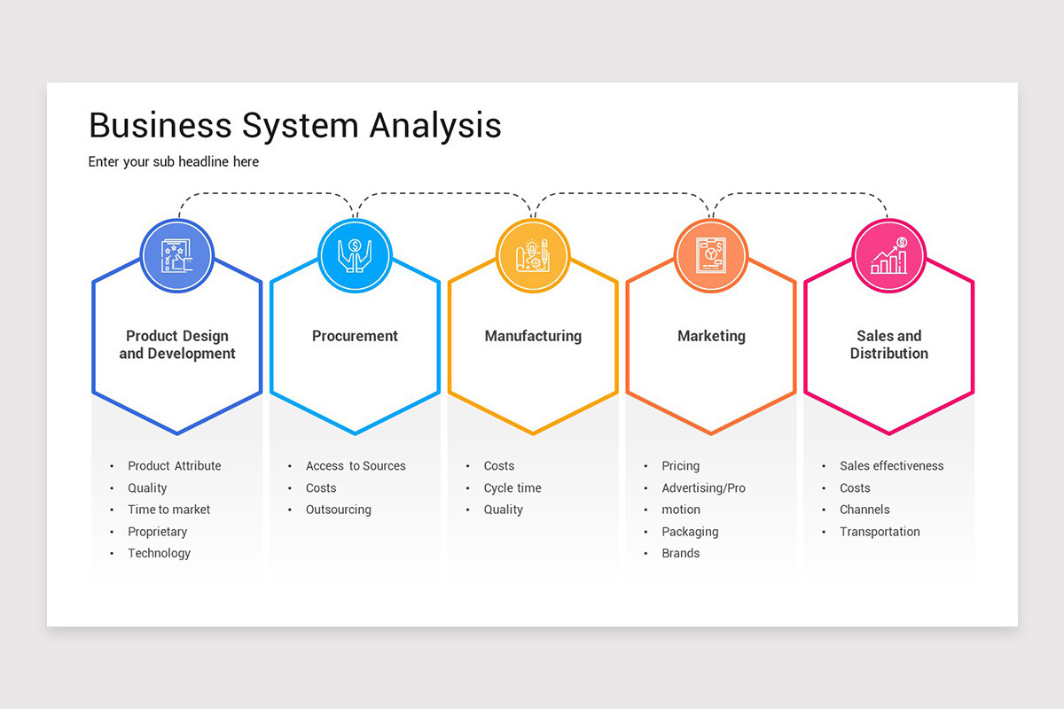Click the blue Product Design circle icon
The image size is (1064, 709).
click(x=177, y=256)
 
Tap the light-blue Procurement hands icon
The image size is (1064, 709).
click(x=355, y=256)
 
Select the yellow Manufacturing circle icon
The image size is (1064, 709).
click(x=533, y=256)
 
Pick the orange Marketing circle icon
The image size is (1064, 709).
click(x=711, y=256)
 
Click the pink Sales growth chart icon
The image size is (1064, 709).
click(x=888, y=256)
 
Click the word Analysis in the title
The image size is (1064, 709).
click(x=435, y=126)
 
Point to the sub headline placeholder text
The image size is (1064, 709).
click(x=174, y=162)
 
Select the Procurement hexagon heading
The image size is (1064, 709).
click(x=355, y=336)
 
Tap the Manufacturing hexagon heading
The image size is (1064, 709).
click(x=533, y=336)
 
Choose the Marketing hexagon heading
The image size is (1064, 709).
click(x=711, y=336)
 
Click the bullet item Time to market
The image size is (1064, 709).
click(x=168, y=510)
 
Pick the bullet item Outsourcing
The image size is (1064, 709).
click(x=338, y=510)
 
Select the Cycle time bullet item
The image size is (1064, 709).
click(x=512, y=488)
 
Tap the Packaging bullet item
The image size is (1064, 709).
click(x=690, y=532)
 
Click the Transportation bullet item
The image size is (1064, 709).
click(x=880, y=532)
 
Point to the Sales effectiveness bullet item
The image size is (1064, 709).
click(x=891, y=466)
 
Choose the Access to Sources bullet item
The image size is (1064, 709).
click(x=356, y=466)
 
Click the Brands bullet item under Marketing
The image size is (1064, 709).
click(x=680, y=553)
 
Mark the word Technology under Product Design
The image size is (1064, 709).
click(x=159, y=553)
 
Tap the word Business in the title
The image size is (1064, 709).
click(x=160, y=126)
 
